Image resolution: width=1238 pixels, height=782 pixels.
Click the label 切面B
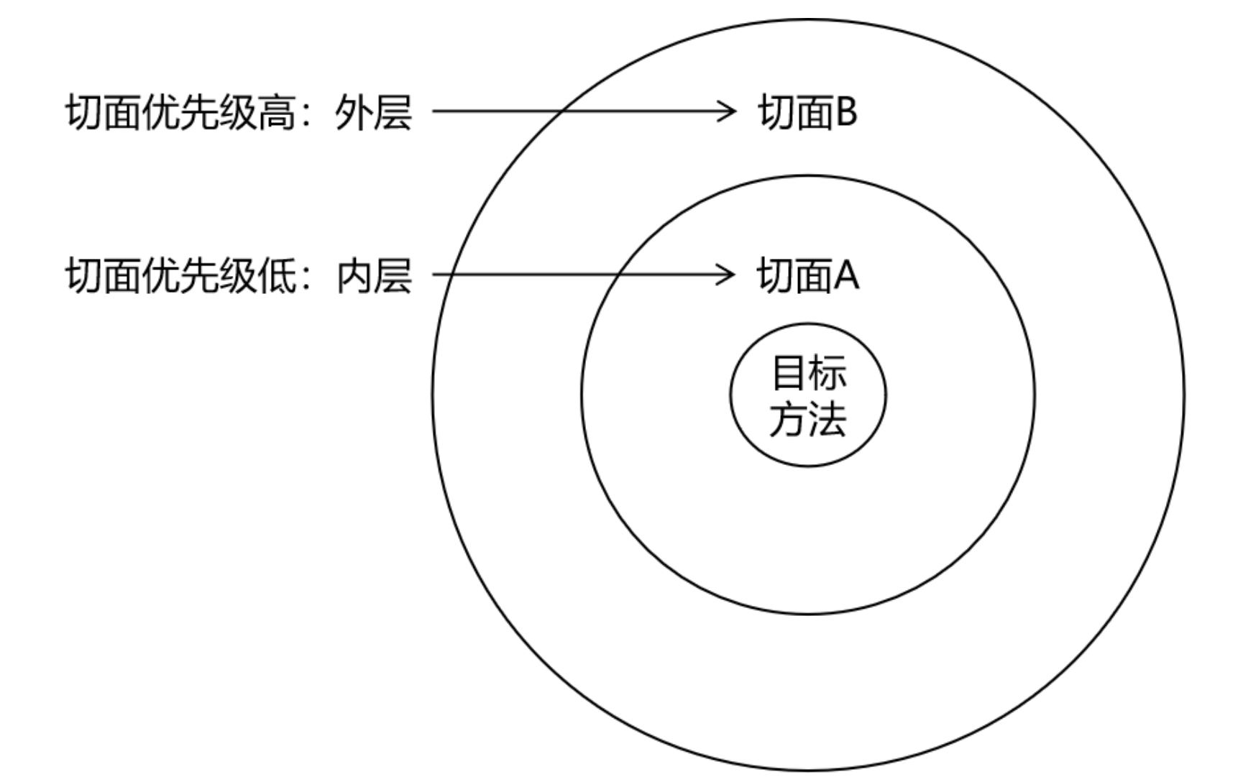807,113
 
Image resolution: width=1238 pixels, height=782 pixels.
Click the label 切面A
807,276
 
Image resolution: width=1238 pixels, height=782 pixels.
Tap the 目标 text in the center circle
808,372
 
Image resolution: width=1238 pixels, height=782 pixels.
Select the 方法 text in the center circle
808,418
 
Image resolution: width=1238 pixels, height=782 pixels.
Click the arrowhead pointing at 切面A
728,275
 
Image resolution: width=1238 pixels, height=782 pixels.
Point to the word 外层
373,113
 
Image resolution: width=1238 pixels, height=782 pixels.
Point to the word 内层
373,276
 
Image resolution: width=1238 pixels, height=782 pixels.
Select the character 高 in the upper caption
276,113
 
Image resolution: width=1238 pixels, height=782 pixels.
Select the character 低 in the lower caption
276,276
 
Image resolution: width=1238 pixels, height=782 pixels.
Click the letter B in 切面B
845,113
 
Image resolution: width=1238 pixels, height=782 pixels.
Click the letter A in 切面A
846,276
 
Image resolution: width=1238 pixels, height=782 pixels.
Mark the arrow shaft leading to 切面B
575,111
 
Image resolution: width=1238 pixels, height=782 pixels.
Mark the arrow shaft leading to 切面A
575,275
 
